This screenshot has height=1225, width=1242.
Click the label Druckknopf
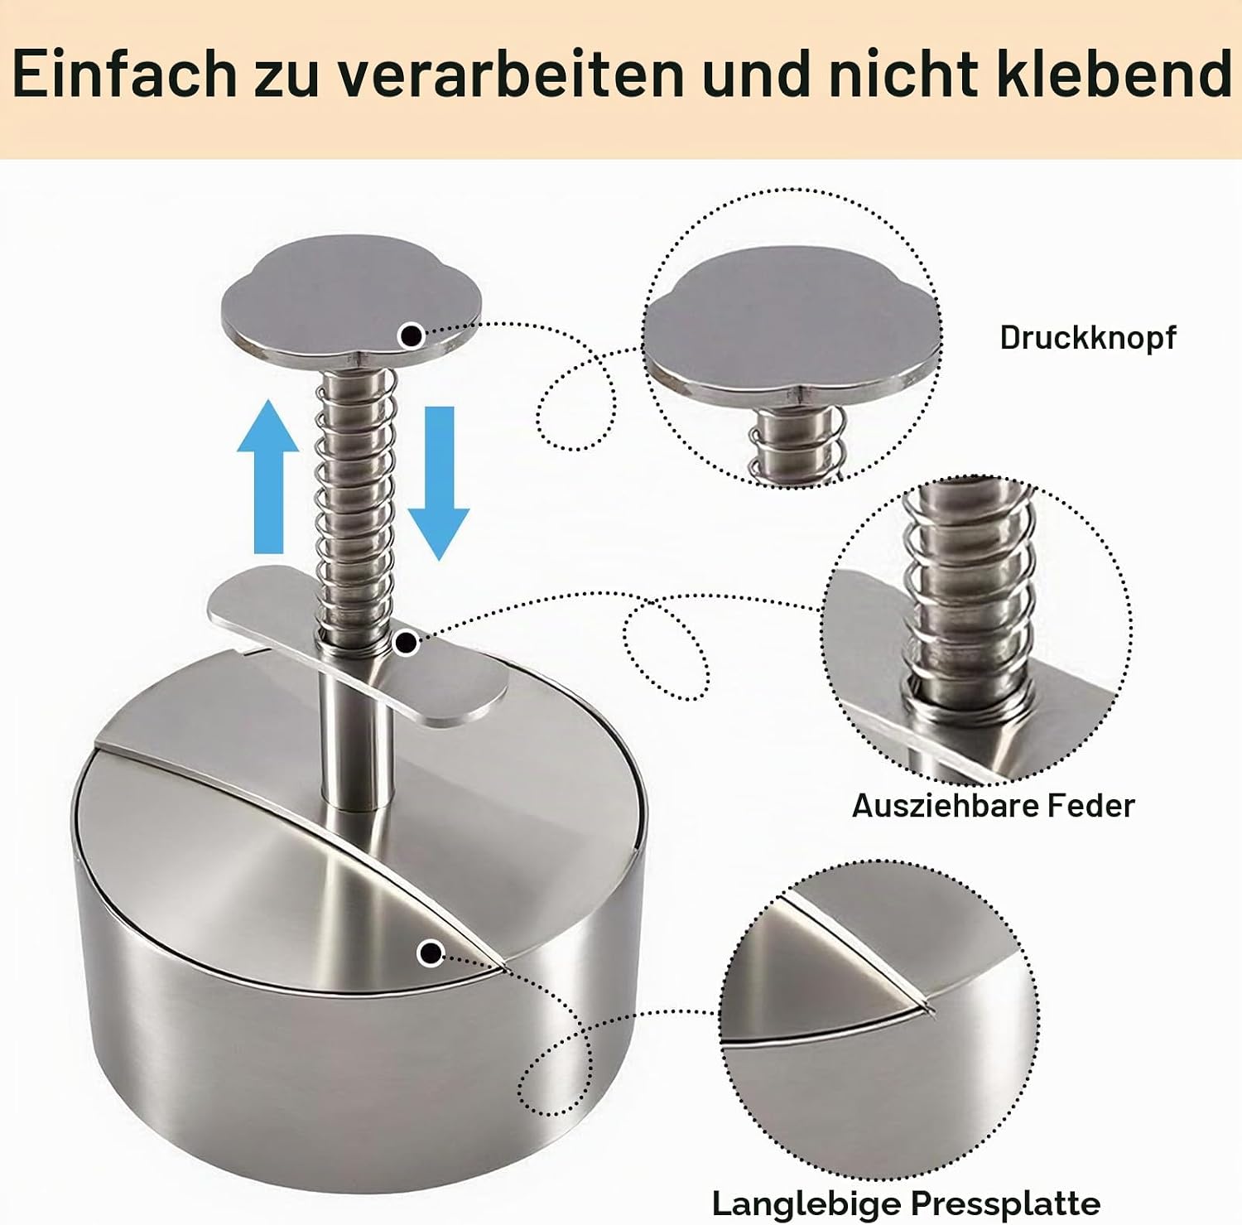[1087, 338]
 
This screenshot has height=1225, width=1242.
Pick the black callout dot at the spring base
[406, 642]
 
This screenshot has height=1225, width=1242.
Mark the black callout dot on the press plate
[430, 953]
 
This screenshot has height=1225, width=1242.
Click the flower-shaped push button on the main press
[351, 302]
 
